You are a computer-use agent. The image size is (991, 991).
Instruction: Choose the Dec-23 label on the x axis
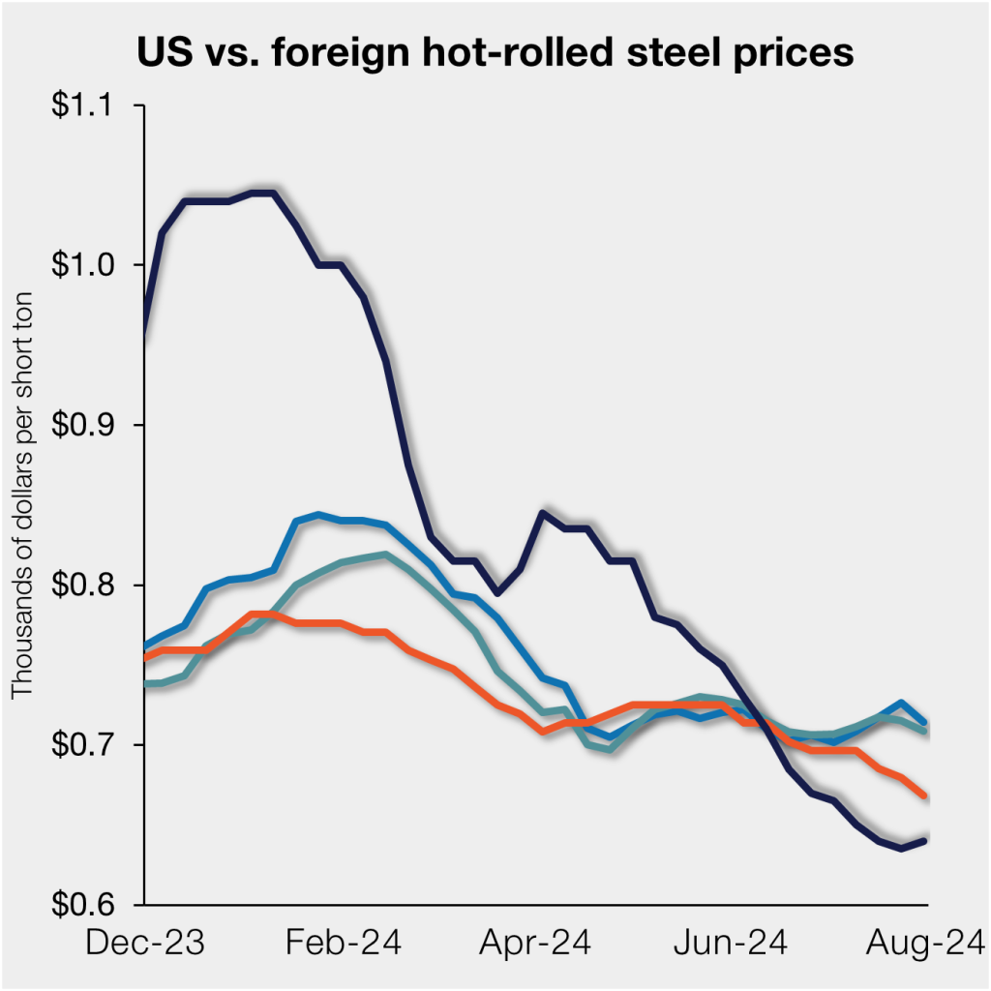146,942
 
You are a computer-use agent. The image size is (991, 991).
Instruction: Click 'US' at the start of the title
158,51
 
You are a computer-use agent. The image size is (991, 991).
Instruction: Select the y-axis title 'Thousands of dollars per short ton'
22,493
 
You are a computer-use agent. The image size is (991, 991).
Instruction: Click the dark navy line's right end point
927,840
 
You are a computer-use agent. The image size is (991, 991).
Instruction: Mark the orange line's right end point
927,796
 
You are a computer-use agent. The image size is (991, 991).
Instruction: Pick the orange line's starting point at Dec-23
145,658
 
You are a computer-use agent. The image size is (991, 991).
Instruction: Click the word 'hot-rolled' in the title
490,51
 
